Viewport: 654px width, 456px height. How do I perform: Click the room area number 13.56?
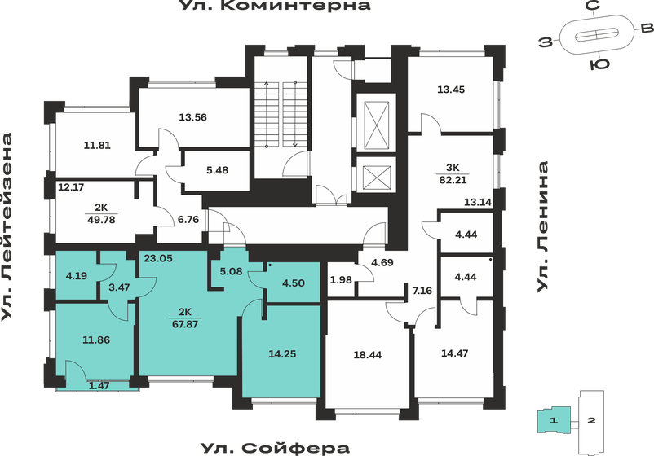(x=192, y=116)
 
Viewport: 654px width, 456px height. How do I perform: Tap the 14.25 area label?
(x=282, y=354)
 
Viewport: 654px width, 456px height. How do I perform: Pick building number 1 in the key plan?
(x=553, y=421)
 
